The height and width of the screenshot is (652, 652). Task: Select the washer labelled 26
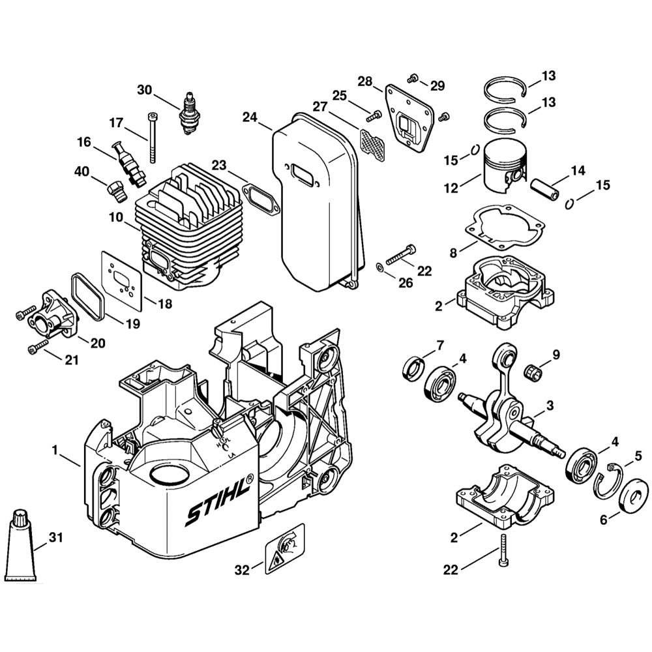[x=380, y=266]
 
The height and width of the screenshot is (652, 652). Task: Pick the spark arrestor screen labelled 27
[x=370, y=140]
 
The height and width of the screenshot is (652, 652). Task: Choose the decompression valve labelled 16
[x=127, y=163]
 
